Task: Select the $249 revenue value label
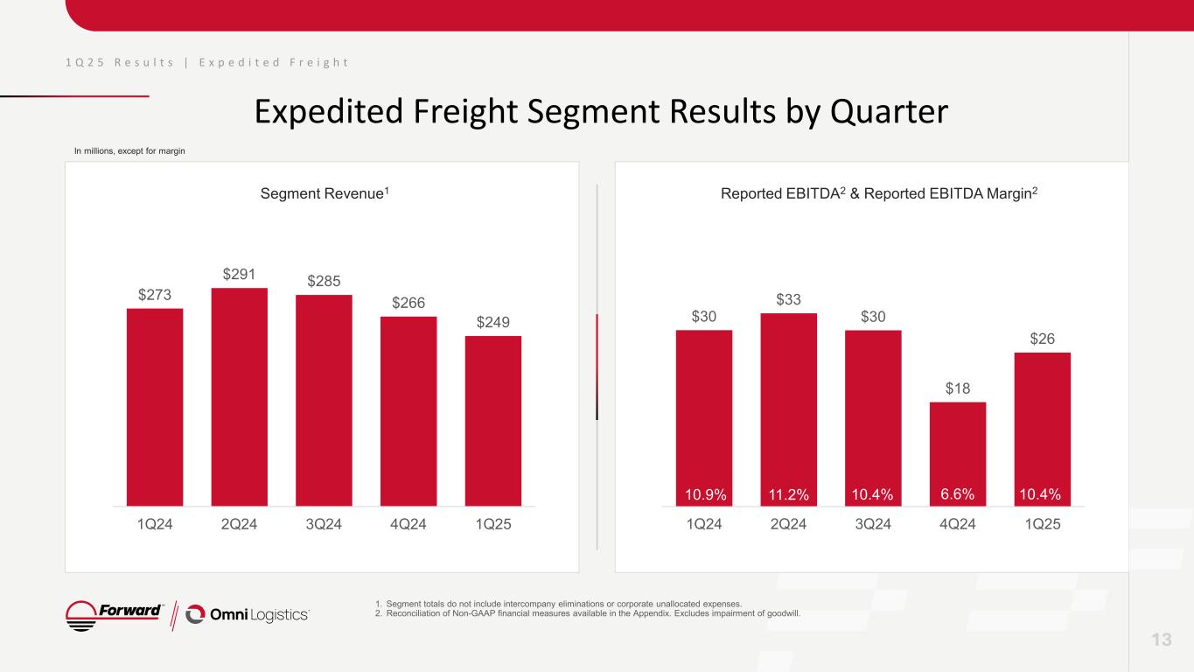point(492,322)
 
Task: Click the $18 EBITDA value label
point(958,388)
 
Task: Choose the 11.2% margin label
point(788,494)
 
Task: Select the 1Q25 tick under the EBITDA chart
point(1042,525)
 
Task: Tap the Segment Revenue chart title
point(325,192)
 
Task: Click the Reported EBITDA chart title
point(879,192)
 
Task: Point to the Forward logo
point(116,614)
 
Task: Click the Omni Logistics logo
point(248,614)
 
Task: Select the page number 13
point(1162,640)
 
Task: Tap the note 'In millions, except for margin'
point(129,151)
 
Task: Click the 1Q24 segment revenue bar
point(155,407)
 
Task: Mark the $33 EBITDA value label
point(788,299)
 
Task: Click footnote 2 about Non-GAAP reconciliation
point(587,612)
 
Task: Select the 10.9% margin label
point(704,494)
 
